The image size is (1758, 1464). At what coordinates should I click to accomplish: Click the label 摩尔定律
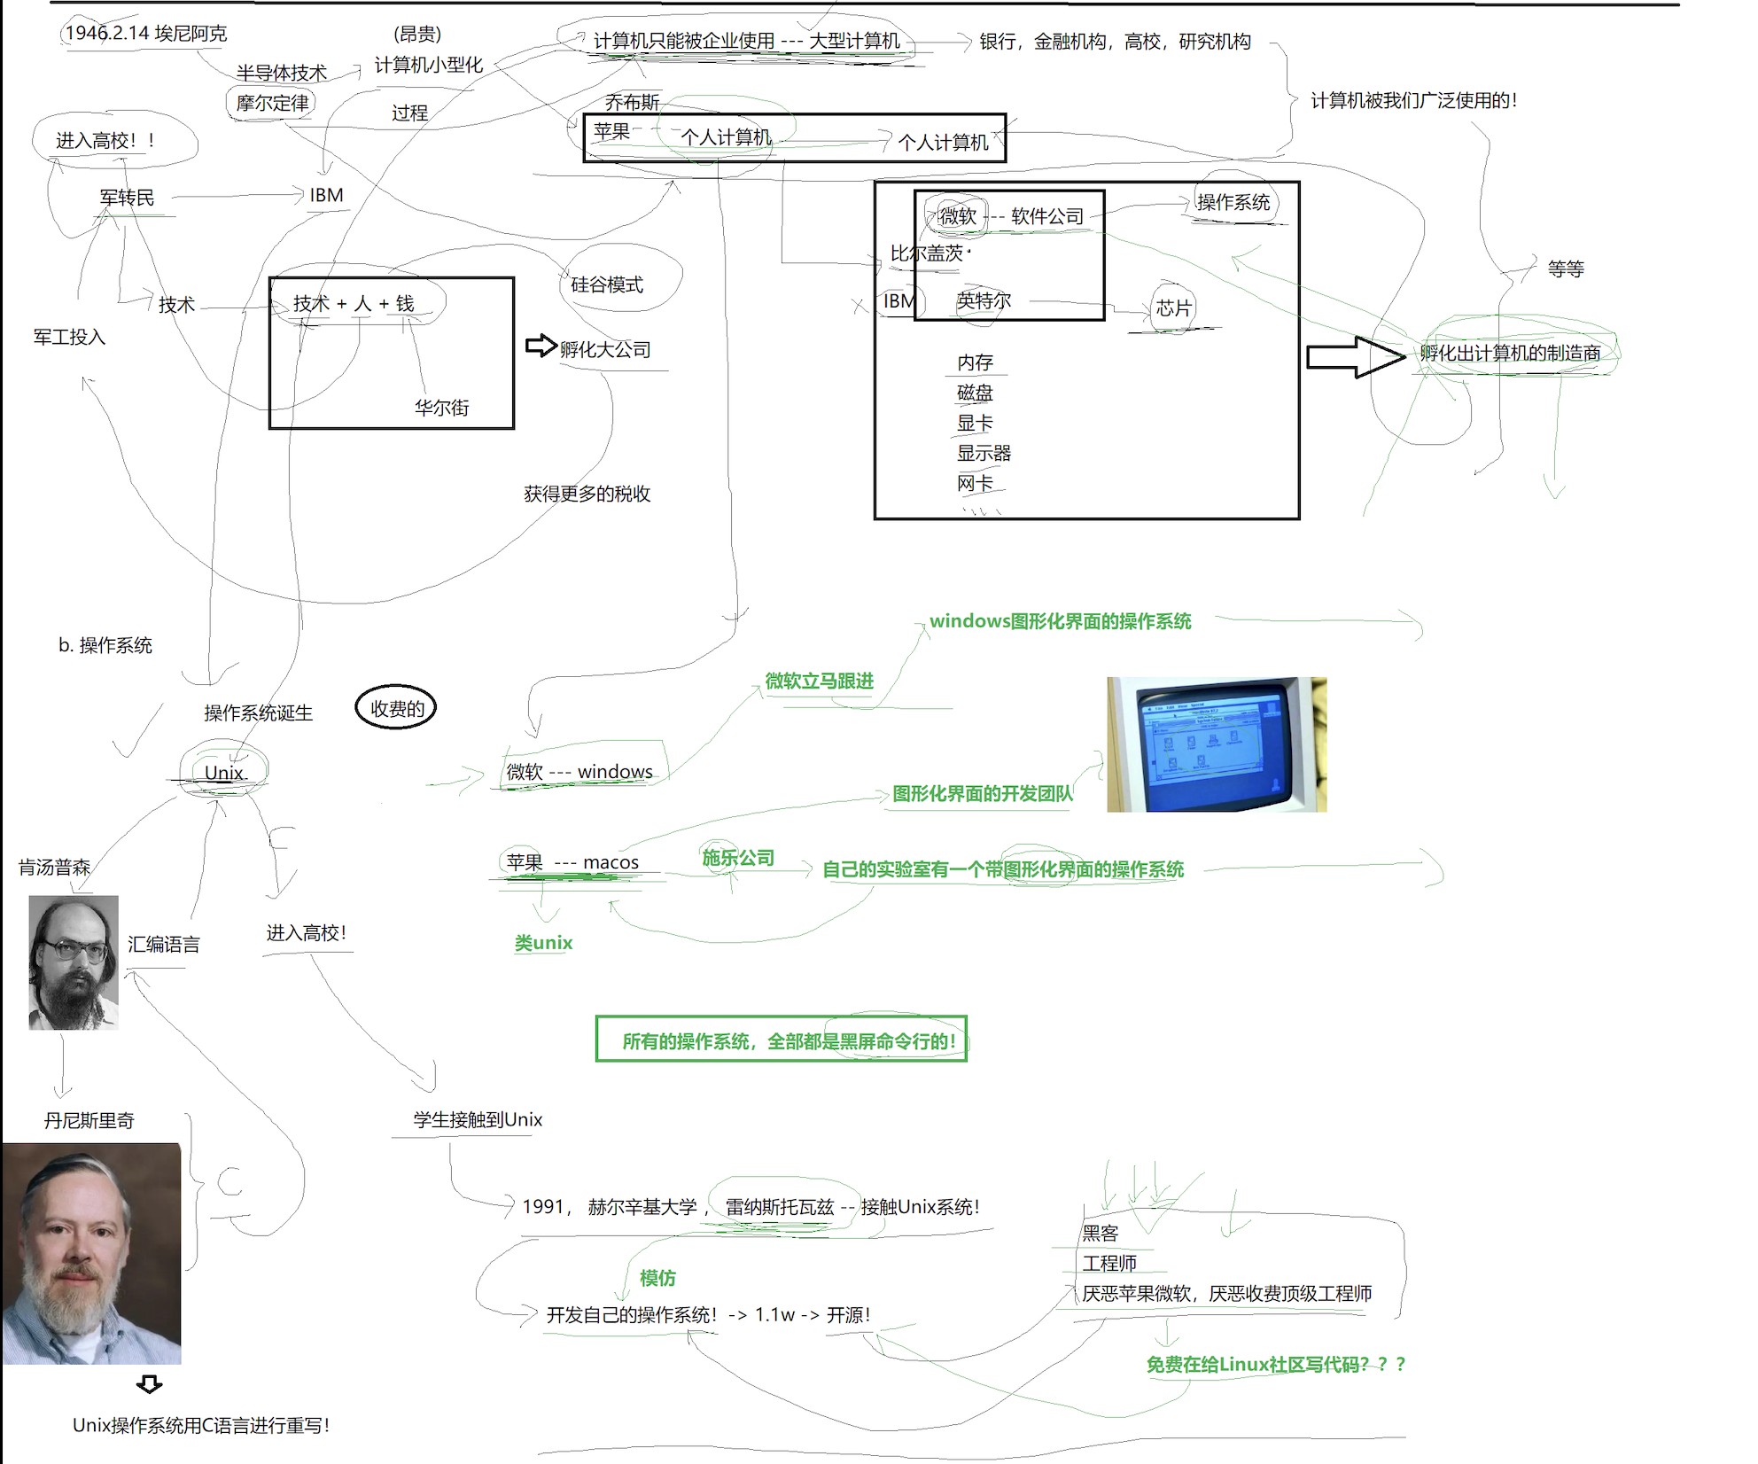click(272, 103)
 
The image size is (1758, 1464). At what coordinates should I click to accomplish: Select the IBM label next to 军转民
click(326, 195)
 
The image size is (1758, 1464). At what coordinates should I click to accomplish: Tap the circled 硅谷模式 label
click(607, 284)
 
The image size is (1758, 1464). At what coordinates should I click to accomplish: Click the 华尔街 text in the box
click(441, 408)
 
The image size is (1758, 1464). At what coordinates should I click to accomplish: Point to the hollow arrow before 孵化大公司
click(540, 346)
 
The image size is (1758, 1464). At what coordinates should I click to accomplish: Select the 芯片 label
click(1173, 308)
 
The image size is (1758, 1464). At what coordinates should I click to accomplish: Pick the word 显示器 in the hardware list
click(983, 454)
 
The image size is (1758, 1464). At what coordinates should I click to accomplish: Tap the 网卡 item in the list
click(974, 484)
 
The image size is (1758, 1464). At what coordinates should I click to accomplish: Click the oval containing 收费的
click(396, 708)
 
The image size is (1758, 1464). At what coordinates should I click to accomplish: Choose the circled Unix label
click(223, 772)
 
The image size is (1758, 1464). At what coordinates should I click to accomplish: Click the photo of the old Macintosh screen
click(1216, 744)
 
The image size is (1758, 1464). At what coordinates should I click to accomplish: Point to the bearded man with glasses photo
click(74, 962)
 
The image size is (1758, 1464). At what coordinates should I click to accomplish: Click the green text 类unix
click(543, 943)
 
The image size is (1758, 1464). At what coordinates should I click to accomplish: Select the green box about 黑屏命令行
click(781, 1040)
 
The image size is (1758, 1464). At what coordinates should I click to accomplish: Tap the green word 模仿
click(657, 1278)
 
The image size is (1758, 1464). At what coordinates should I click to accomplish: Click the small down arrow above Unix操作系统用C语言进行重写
click(149, 1384)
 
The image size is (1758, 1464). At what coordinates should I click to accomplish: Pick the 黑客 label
click(1100, 1233)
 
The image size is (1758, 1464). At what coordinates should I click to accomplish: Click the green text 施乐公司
click(737, 858)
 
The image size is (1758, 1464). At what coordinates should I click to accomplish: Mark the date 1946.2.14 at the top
click(106, 33)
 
